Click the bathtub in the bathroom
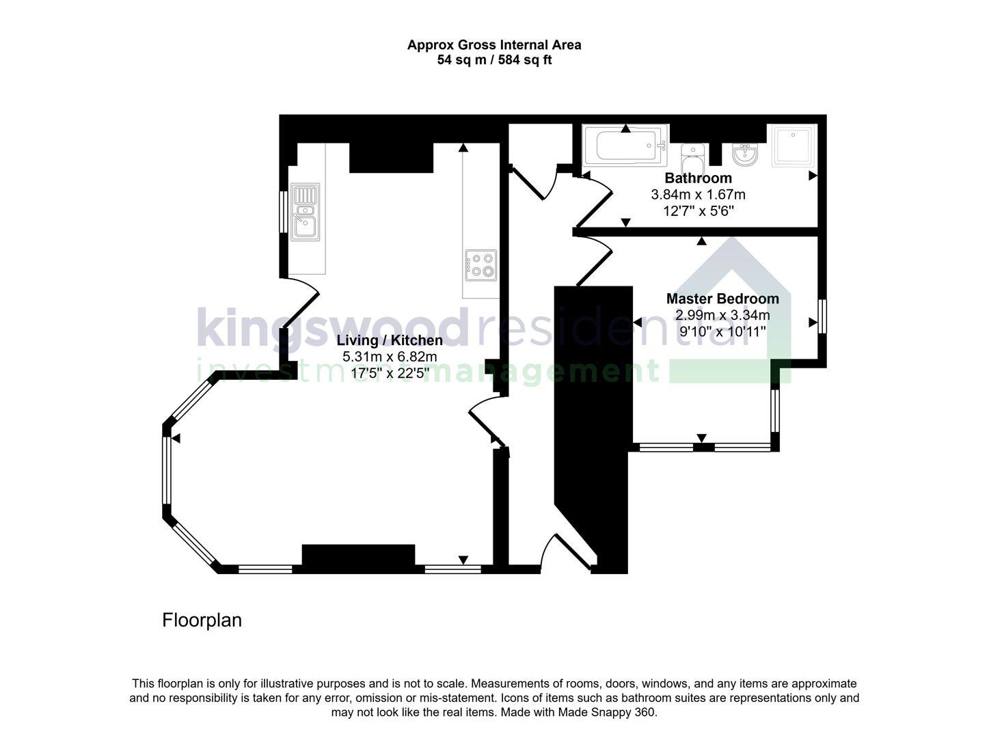pyautogui.click(x=624, y=146)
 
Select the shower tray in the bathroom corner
pyautogui.click(x=793, y=145)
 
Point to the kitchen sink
pyautogui.click(x=305, y=212)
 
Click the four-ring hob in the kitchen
pyautogui.click(x=481, y=265)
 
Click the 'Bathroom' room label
pyautogui.click(x=698, y=178)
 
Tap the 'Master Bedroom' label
pyautogui.click(x=722, y=299)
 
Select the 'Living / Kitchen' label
pyautogui.click(x=390, y=340)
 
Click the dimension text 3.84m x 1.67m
pyautogui.click(x=698, y=195)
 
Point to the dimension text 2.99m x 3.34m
pyautogui.click(x=722, y=315)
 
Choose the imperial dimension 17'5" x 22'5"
pyautogui.click(x=390, y=373)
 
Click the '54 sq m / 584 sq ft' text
pyautogui.click(x=494, y=60)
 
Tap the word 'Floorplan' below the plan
pyautogui.click(x=202, y=620)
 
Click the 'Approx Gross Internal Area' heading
pyautogui.click(x=494, y=45)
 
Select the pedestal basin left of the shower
pyautogui.click(x=744, y=154)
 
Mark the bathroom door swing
pyautogui.click(x=594, y=202)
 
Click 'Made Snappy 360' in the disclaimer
pyautogui.click(x=607, y=712)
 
